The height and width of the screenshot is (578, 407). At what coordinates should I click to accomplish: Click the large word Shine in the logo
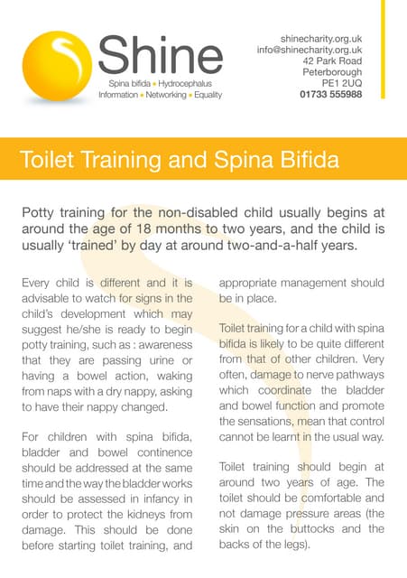[160, 57]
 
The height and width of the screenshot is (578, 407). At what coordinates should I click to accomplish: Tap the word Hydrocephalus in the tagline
[189, 82]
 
